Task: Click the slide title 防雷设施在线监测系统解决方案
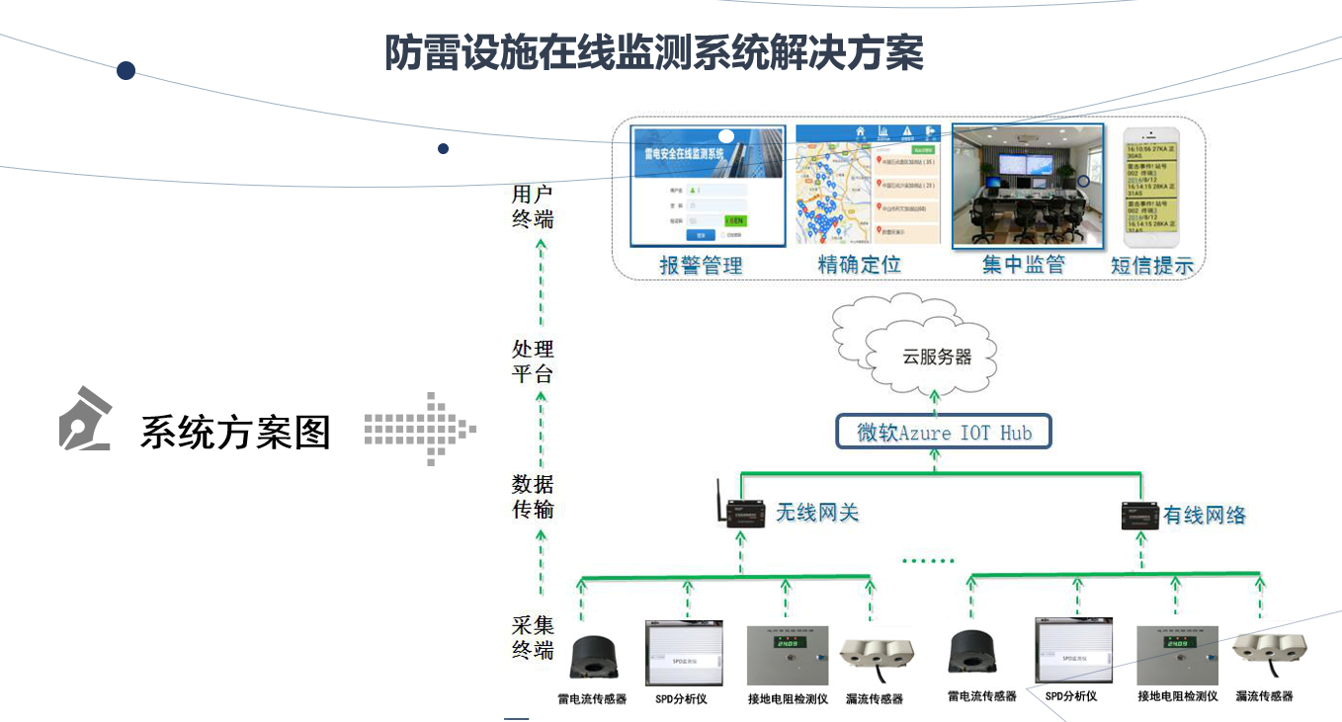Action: [654, 53]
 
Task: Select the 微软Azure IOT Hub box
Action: [943, 433]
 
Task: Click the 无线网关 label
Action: [817, 513]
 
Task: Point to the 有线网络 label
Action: [1205, 515]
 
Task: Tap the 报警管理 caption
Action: [701, 265]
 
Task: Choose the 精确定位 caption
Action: [860, 265]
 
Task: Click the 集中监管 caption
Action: [1024, 265]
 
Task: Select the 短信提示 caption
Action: [1152, 265]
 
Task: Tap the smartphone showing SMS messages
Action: [1151, 186]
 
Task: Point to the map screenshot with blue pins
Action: [868, 186]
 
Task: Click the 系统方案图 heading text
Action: [235, 432]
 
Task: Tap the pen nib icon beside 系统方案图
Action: [86, 419]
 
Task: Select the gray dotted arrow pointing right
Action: [421, 429]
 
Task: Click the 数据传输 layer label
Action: [533, 497]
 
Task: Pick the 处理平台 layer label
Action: [533, 361]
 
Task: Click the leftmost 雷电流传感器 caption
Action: [592, 699]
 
